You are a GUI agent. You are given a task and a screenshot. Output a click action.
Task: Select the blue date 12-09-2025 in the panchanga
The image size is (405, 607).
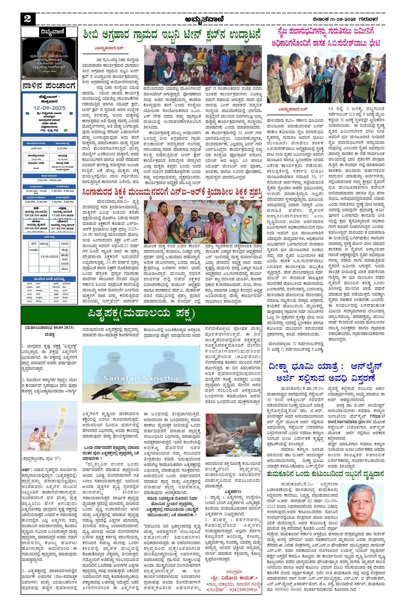pyautogui.click(x=49, y=108)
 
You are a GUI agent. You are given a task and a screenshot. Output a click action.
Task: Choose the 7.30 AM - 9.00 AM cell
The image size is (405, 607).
pyautogui.click(x=62, y=191)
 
